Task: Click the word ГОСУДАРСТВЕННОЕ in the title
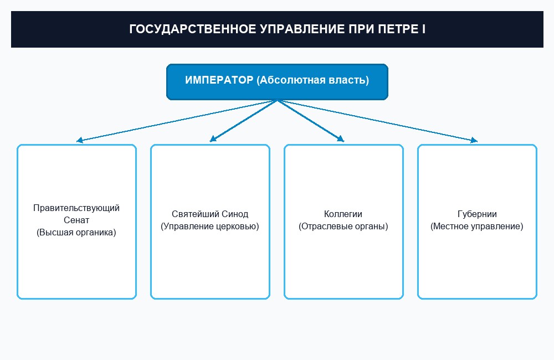[193, 29]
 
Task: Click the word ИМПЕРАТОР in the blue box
[219, 80]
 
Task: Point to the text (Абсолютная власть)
[313, 80]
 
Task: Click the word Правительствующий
[76, 208]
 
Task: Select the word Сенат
[76, 220]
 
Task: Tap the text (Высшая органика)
[76, 232]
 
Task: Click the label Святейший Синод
[210, 214]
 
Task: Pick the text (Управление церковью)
[210, 226]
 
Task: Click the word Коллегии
[343, 214]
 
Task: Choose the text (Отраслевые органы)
[343, 226]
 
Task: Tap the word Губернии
[477, 214]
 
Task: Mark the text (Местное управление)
[476, 226]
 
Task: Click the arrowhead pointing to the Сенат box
[79, 140]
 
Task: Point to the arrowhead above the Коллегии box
[341, 139]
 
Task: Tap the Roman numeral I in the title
[423, 29]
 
